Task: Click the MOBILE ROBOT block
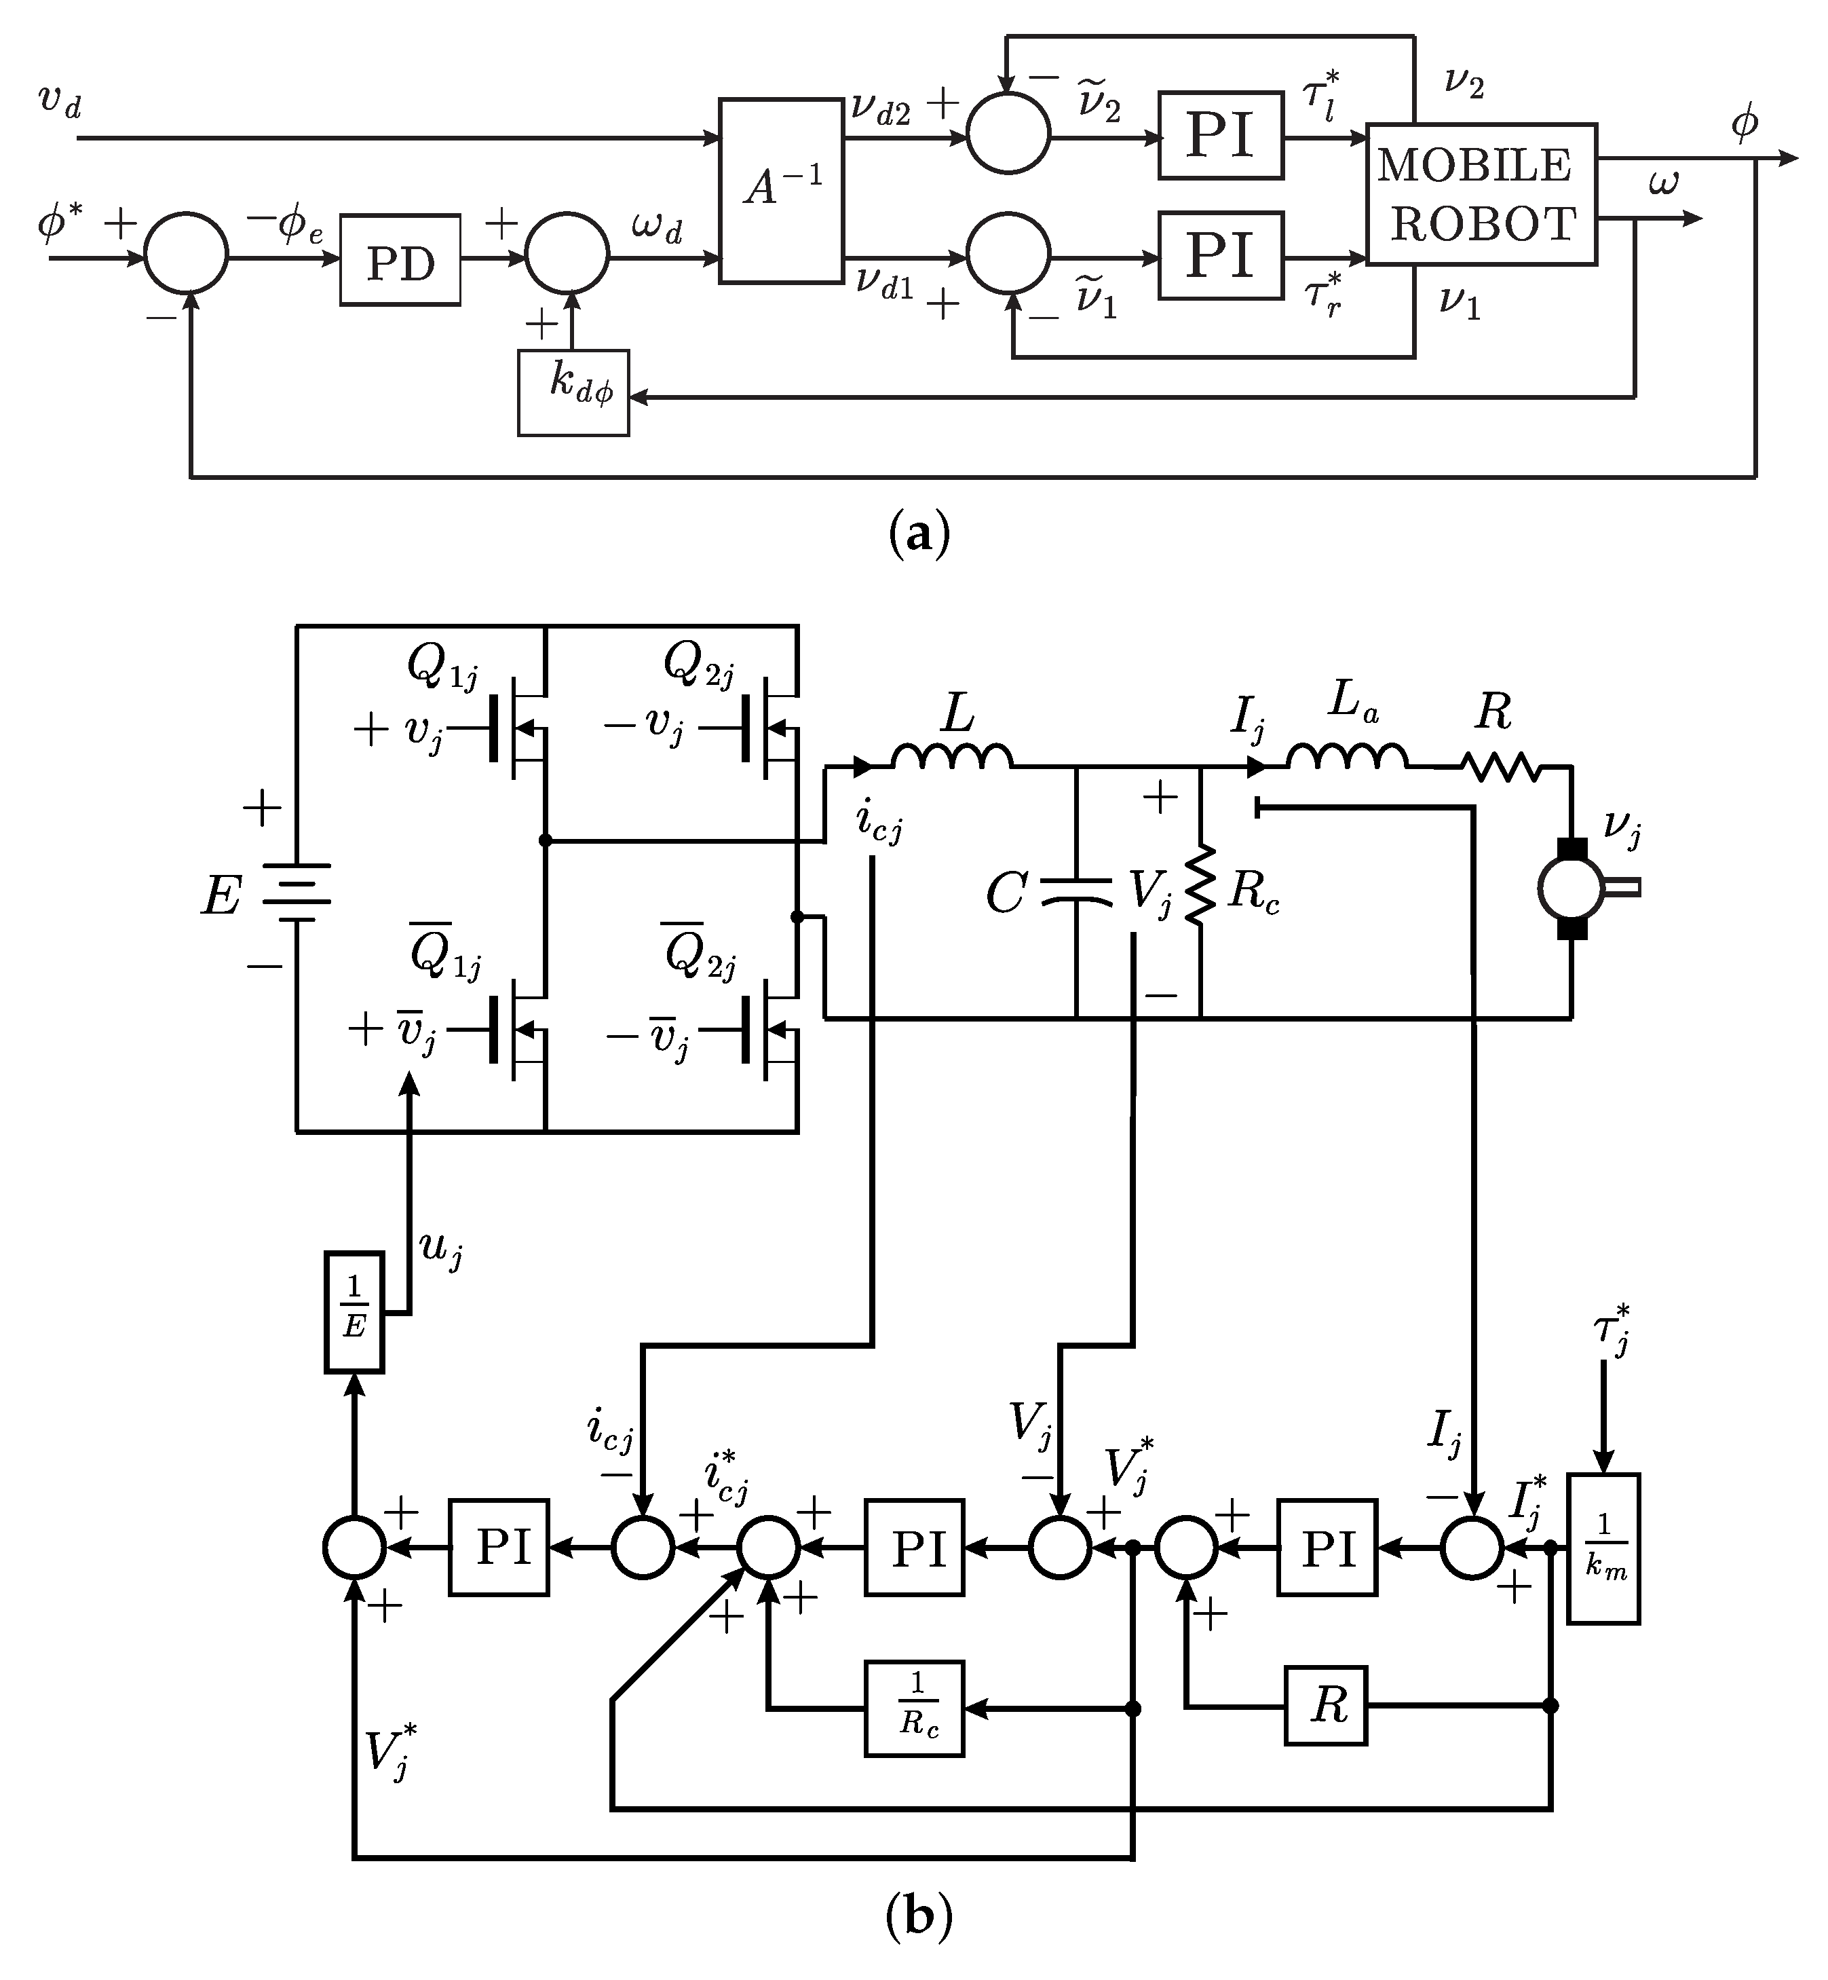point(1481,194)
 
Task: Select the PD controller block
point(400,259)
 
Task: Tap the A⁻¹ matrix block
point(780,190)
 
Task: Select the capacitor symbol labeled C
point(1076,893)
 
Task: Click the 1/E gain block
point(354,1312)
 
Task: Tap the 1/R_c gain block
point(915,1709)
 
